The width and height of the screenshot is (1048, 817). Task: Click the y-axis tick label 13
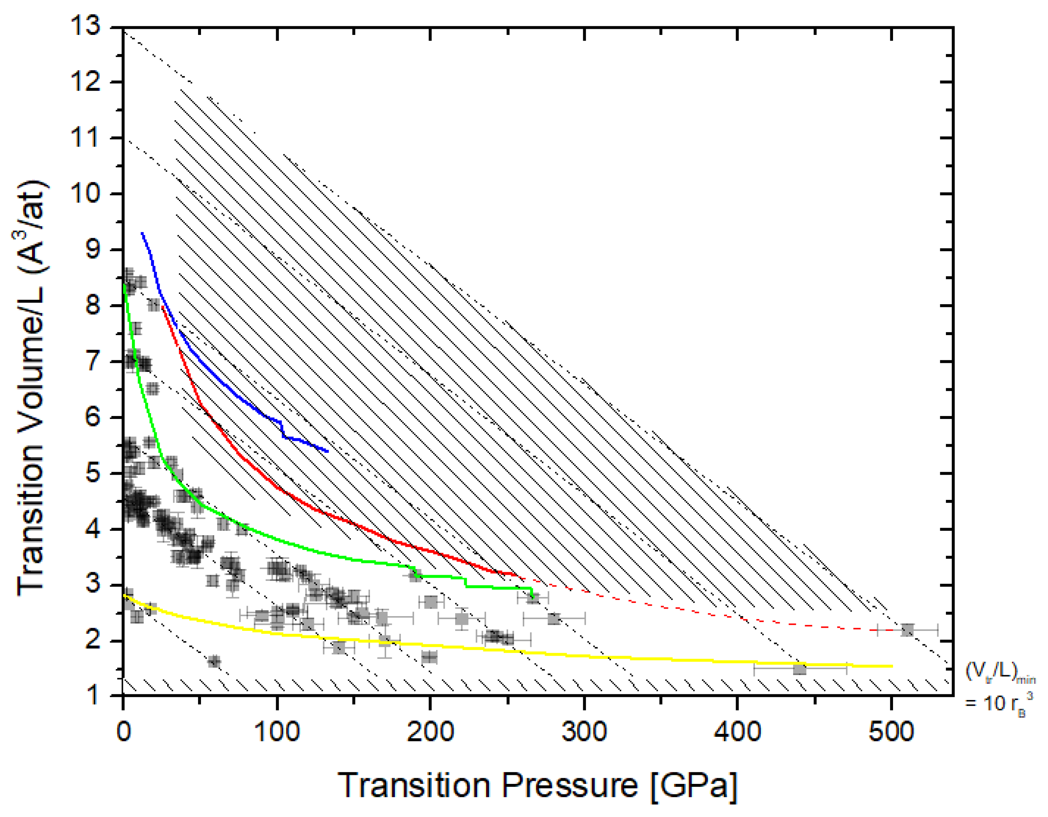tap(86, 26)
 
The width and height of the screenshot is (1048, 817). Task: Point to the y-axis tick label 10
tap(86, 194)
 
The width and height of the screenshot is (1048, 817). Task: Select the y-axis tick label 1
tap(93, 695)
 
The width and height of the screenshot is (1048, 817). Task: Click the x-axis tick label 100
tap(277, 732)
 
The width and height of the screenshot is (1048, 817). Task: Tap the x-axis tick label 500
tap(891, 732)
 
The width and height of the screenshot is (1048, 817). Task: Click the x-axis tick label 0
tap(124, 732)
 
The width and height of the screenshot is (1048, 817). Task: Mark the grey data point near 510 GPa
tap(907, 630)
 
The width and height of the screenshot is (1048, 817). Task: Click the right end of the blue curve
tap(327, 451)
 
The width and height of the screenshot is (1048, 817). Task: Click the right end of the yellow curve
tap(892, 666)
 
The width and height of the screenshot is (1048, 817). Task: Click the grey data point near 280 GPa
tap(554, 619)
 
